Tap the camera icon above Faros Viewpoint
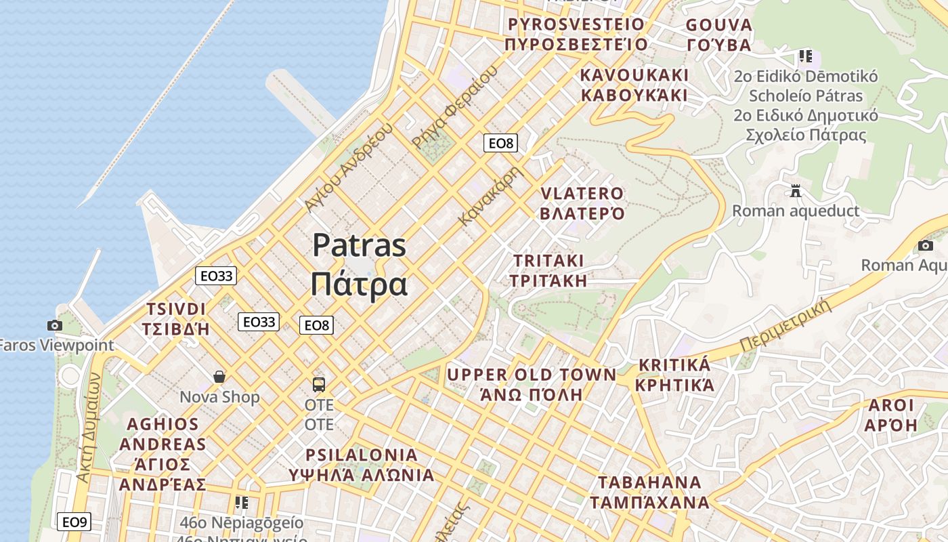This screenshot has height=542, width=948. coord(55,326)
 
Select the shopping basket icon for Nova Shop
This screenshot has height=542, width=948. coord(219,377)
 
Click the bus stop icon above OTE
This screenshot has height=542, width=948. coord(319,385)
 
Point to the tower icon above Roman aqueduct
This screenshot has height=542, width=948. coord(796,191)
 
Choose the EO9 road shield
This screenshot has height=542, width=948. coord(74,522)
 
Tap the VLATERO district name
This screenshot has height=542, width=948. coord(582,194)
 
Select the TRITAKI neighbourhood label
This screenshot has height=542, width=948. coord(548,261)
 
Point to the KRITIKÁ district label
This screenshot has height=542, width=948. coord(674,366)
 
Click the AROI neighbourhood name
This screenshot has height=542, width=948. coord(890,406)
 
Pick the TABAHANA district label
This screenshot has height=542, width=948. coord(649,482)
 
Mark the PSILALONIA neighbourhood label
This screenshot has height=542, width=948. coord(362,455)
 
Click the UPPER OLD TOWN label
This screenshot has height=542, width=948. coord(532,375)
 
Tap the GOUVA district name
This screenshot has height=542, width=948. coord(718,26)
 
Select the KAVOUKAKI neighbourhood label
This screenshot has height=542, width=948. coord(634,75)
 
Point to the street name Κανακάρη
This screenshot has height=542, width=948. coord(491,196)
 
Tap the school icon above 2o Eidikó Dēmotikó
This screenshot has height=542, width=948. coord(805,56)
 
